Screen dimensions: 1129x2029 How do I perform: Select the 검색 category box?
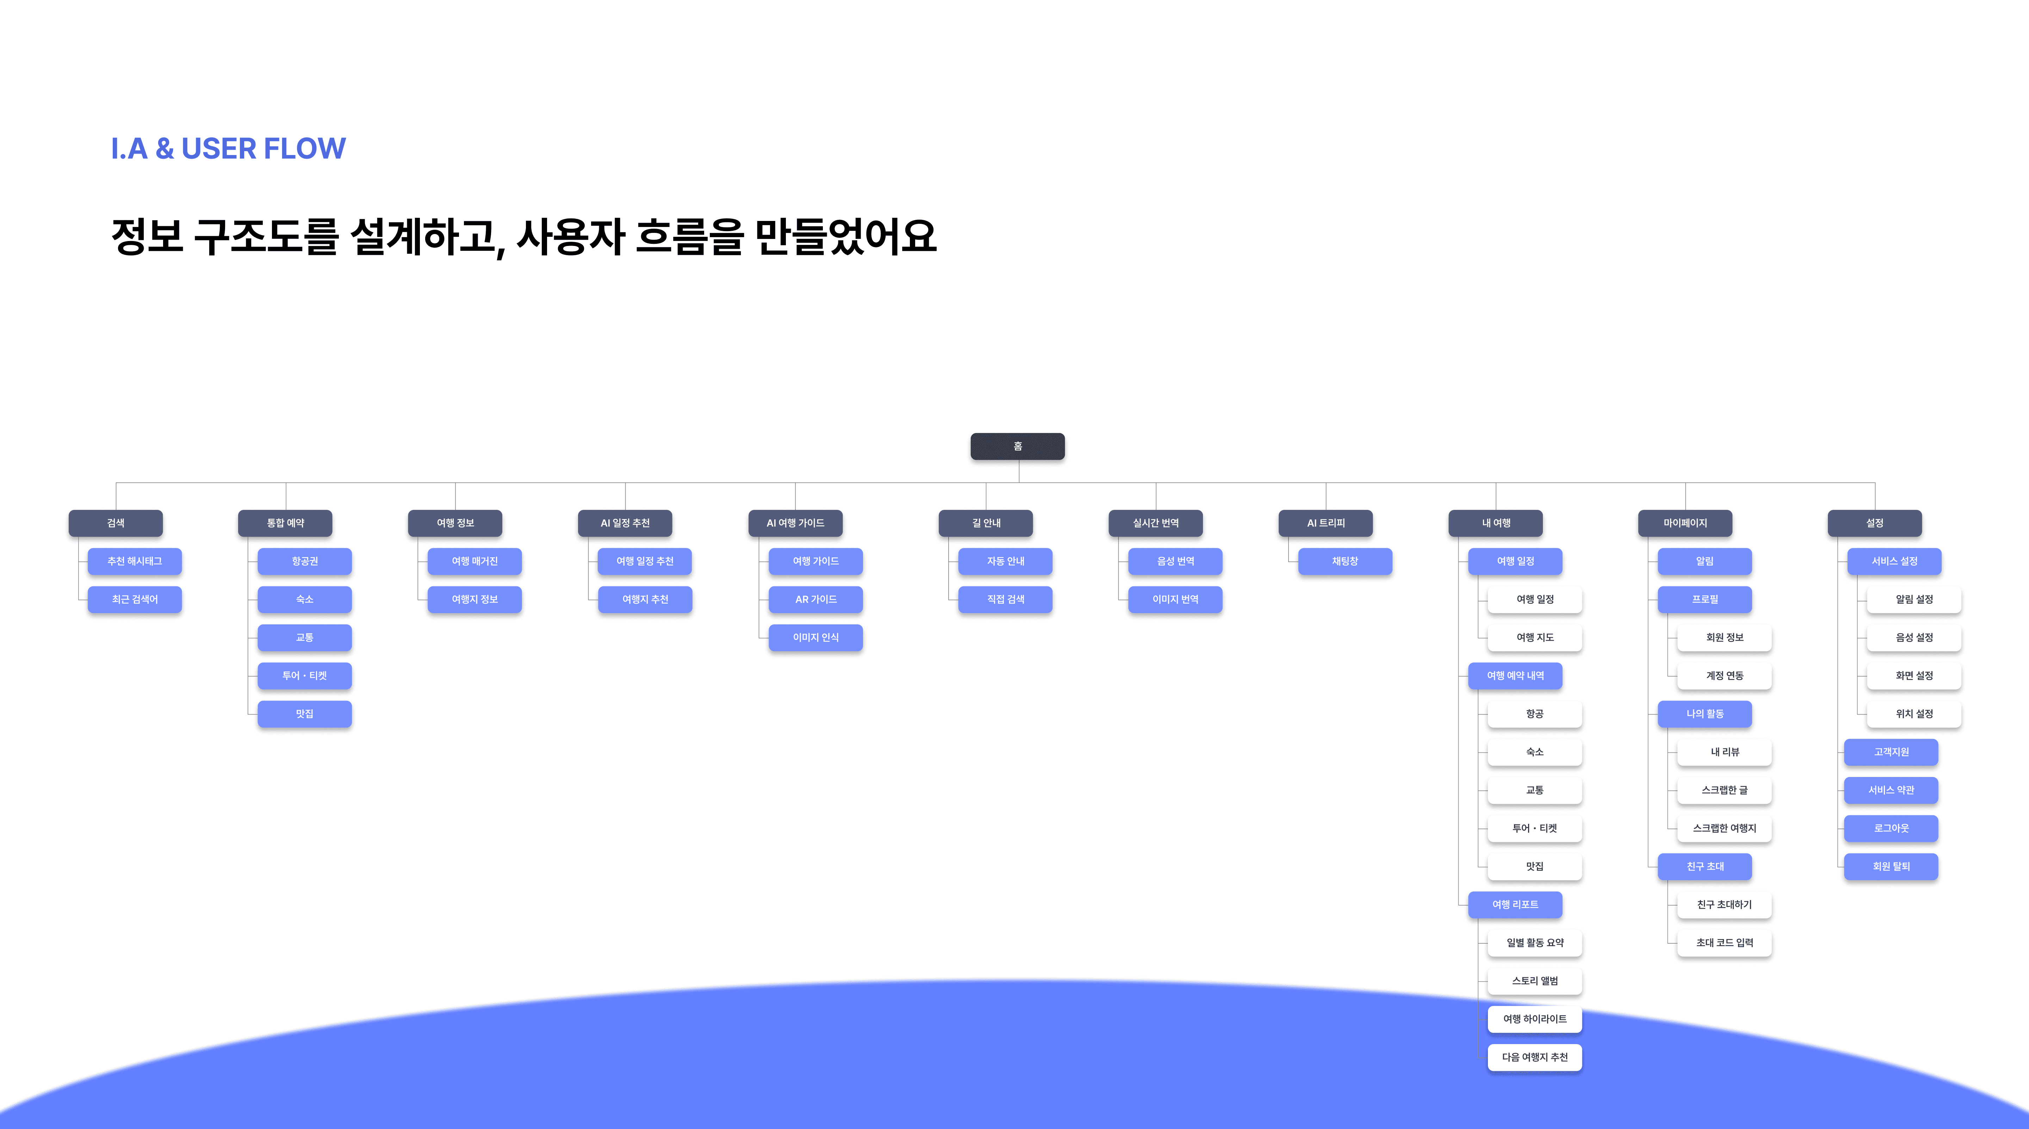pos(116,523)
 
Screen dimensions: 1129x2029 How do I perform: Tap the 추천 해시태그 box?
pos(135,561)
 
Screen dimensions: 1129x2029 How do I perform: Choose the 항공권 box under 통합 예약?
pos(305,561)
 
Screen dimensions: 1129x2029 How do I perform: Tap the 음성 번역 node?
pos(1175,561)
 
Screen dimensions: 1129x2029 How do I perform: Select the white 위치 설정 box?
pos(1914,714)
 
